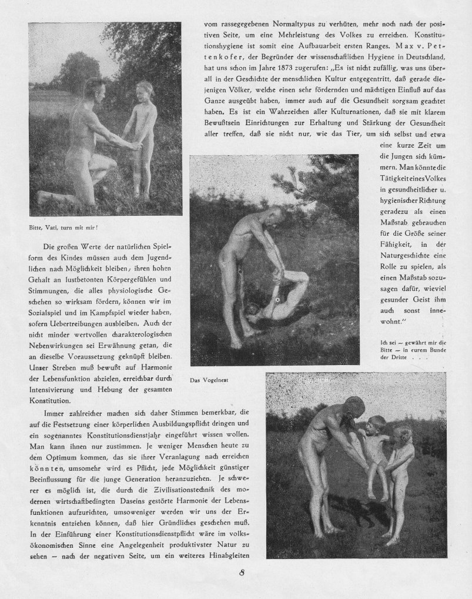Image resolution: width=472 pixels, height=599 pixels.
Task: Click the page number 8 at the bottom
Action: pyautogui.click(x=242, y=574)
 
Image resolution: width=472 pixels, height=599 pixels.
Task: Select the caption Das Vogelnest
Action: pyautogui.click(x=209, y=380)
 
